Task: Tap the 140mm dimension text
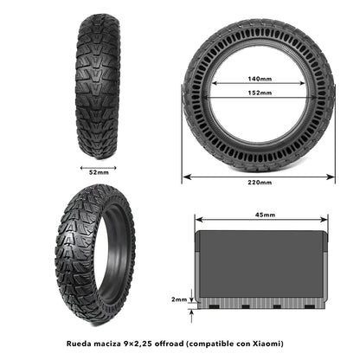[258, 78]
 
